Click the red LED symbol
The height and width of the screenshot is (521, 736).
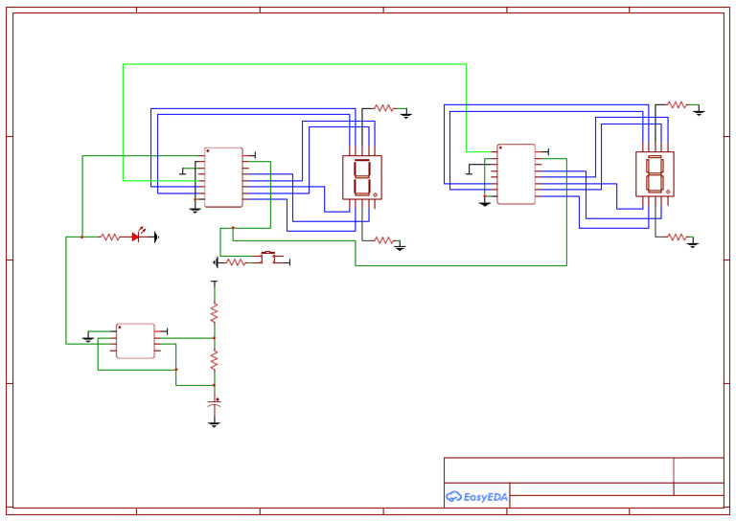pos(137,237)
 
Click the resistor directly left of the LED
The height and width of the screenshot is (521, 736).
pos(110,237)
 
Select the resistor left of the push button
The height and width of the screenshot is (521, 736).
pos(236,262)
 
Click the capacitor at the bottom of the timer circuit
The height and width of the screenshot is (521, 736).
pos(214,406)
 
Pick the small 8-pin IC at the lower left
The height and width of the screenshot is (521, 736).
pos(135,341)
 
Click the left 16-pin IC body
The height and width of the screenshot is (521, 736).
pos(223,177)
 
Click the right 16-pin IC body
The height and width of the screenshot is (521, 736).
pos(516,174)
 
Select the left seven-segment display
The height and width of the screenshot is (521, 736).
pos(362,177)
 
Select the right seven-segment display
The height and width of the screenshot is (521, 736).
pos(655,174)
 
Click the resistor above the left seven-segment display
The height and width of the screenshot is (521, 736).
pos(383,108)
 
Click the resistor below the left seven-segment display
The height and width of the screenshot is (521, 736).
pos(382,240)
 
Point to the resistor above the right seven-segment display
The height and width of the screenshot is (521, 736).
pos(677,104)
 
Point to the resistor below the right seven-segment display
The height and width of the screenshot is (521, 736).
pos(677,237)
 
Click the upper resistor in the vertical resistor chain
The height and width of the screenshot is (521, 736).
pos(214,312)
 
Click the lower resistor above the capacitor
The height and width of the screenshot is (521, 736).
pos(214,360)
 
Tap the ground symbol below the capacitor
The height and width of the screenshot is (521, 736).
pos(214,422)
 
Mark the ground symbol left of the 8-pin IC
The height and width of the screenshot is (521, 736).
pos(88,338)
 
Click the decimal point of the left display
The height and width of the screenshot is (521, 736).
pos(375,194)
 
